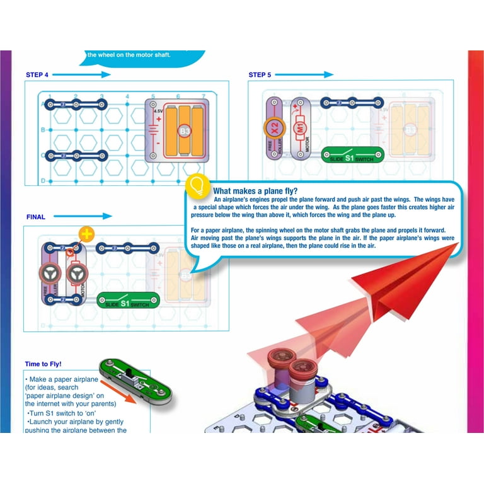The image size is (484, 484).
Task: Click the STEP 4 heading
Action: coord(37,75)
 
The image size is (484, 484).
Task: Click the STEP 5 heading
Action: coord(260,75)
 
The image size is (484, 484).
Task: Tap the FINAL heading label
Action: coord(36,217)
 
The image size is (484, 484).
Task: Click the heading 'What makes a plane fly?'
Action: coord(255,192)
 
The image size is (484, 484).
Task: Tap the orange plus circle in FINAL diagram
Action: coord(86,234)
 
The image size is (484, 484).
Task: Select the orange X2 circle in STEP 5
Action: coord(275,128)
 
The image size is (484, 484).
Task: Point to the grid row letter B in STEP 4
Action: coord(42,130)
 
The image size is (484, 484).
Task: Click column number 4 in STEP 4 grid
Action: coord(127,96)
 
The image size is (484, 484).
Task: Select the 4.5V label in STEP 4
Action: coord(158,112)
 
